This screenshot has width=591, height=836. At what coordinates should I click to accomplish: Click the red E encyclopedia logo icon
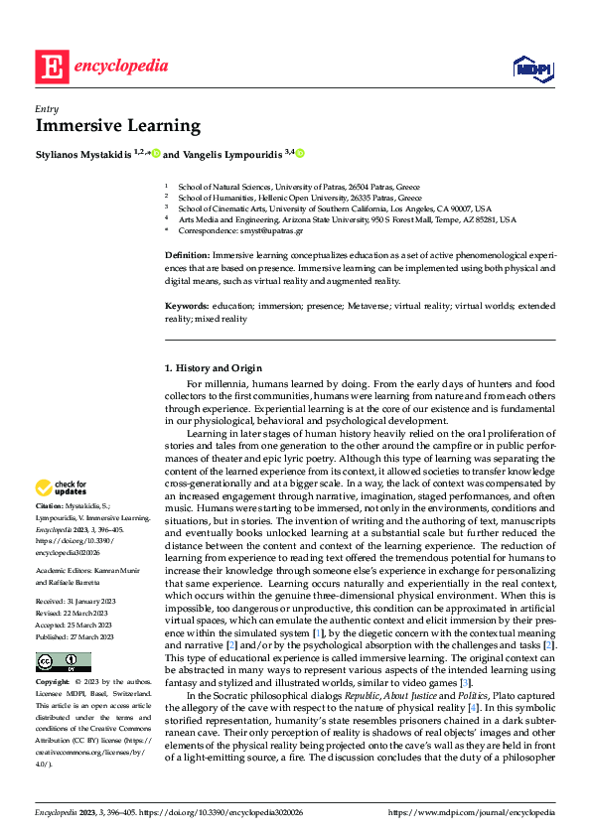tap(52, 66)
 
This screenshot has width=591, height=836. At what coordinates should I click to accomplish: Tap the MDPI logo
tap(532, 68)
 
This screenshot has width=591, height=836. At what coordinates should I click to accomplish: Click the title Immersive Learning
tap(118, 126)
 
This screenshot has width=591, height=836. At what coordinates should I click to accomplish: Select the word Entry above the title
tap(47, 109)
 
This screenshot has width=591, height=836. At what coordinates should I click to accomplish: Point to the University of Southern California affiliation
tap(327, 209)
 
